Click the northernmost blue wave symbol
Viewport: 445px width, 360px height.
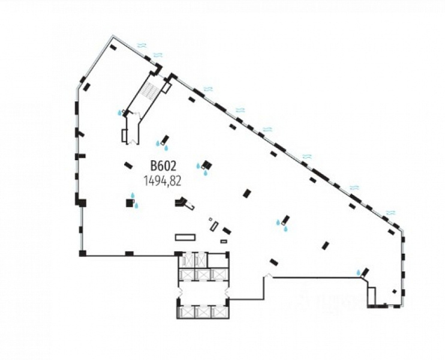point(142,45)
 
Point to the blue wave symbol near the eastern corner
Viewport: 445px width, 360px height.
point(391,212)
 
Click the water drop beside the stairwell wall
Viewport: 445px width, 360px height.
point(120,112)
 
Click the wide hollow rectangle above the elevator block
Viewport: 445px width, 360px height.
point(185,237)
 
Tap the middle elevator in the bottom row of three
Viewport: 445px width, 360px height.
point(203,311)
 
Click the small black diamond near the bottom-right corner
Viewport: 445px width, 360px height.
point(394,292)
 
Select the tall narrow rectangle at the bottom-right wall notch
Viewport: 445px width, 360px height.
point(372,296)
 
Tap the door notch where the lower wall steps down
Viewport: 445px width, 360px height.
point(267,276)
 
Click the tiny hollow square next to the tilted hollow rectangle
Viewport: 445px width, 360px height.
point(210,220)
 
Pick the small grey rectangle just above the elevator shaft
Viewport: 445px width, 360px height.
point(224,241)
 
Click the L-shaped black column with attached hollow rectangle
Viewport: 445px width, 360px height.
point(183,203)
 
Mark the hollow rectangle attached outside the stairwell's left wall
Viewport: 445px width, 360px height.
point(125,136)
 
